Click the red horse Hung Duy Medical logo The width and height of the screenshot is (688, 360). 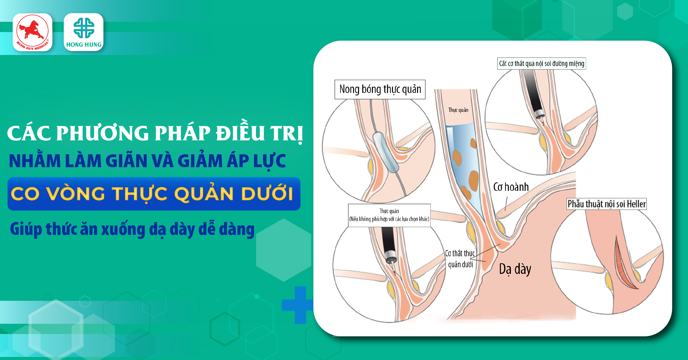32,32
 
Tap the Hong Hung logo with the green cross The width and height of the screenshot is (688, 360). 84,32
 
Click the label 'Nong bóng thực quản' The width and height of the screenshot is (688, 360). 380,89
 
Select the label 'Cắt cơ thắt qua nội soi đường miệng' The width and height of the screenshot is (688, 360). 542,64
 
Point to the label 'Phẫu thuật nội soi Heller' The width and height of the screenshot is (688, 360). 607,204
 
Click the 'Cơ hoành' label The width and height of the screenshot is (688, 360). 511,187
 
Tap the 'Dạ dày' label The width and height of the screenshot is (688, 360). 515,269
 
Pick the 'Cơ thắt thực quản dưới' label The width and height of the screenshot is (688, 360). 460,259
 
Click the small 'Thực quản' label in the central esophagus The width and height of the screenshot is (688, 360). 458,110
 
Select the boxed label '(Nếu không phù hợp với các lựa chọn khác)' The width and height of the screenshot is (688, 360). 389,219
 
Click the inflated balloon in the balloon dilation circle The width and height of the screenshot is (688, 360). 386,152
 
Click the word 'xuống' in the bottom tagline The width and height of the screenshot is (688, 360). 123,229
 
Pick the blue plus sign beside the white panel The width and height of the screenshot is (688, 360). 297,305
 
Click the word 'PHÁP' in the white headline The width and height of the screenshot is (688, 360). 182,133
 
